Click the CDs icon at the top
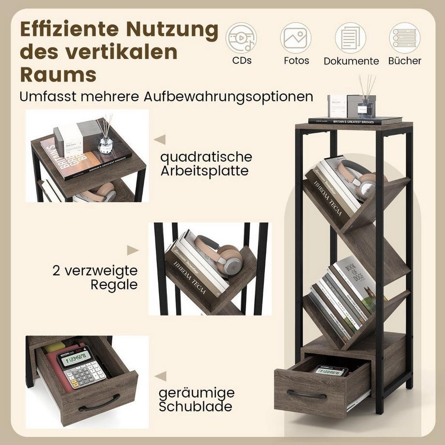241,38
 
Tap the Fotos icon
296,38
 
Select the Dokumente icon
351,38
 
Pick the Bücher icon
404,38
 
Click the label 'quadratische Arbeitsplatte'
207,163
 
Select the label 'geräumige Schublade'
197,399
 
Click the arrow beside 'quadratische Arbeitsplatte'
160,140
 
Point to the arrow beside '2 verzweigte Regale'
133,250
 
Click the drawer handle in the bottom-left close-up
99,403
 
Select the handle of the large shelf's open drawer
306,394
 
